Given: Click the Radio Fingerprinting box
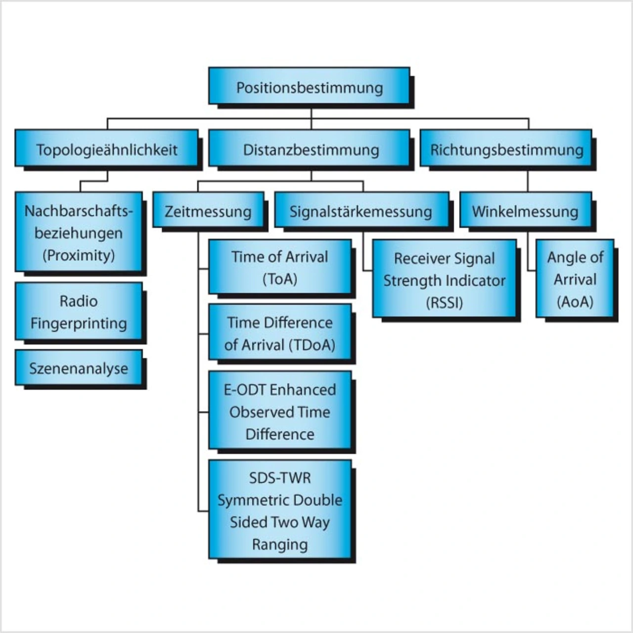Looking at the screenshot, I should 79,312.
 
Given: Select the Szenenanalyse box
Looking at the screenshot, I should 79,368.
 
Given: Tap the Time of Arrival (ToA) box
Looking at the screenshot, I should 280,267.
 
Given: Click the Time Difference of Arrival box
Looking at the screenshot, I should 280,333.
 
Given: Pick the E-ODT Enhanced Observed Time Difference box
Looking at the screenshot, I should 280,411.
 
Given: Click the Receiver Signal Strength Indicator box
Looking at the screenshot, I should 444,279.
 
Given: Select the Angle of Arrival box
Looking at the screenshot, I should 575,279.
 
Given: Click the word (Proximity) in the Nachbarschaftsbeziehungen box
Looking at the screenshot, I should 79,255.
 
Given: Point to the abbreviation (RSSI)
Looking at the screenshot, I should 444,302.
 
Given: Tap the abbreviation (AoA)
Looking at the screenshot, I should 575,302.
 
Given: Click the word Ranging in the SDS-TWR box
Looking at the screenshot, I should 280,544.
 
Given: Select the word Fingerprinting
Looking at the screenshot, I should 79,323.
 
